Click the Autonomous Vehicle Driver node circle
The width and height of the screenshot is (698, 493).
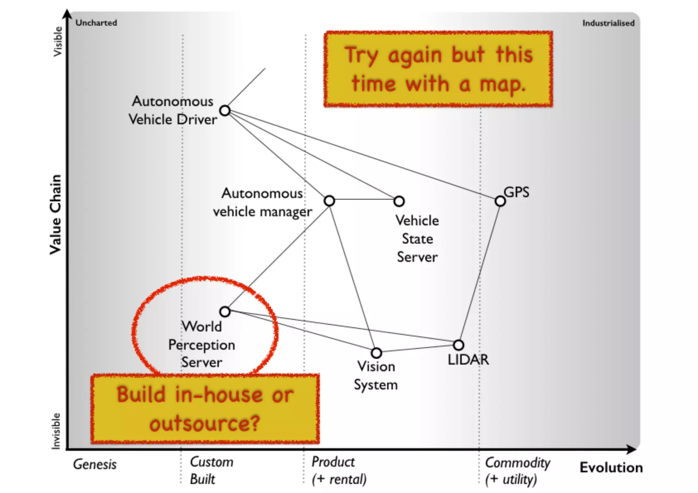225,110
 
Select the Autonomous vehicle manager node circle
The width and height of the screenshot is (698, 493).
329,201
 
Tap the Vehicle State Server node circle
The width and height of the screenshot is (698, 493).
399,201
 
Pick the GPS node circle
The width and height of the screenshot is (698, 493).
500,201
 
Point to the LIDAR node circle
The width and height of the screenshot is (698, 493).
459,345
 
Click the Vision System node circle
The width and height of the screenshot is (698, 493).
376,353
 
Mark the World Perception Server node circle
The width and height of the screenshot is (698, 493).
225,311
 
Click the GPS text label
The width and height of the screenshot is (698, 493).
516,192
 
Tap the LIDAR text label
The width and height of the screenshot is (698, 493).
468,360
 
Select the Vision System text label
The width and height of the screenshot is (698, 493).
376,376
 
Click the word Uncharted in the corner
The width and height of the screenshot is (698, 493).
96,23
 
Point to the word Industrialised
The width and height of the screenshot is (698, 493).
608,23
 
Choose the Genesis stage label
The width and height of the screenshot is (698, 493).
95,464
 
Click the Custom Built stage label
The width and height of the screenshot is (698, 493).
211,471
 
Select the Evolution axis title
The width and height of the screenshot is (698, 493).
611,467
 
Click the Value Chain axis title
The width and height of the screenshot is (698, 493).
56,215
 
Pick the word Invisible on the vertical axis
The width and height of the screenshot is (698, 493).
56,431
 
